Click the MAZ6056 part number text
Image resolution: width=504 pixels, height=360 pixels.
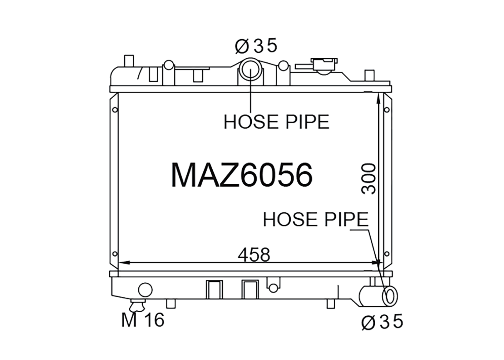(x=242, y=175)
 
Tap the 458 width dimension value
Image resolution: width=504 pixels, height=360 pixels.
(x=254, y=255)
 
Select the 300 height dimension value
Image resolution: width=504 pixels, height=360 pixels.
(x=368, y=179)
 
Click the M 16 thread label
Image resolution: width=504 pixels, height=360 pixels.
(x=143, y=320)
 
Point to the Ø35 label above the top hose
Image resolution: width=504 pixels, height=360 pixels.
(x=256, y=46)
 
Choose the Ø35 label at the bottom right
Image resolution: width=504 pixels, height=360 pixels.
(x=382, y=322)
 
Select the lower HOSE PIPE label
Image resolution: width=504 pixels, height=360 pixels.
(x=316, y=219)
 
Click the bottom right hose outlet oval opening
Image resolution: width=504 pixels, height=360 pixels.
(x=390, y=296)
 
